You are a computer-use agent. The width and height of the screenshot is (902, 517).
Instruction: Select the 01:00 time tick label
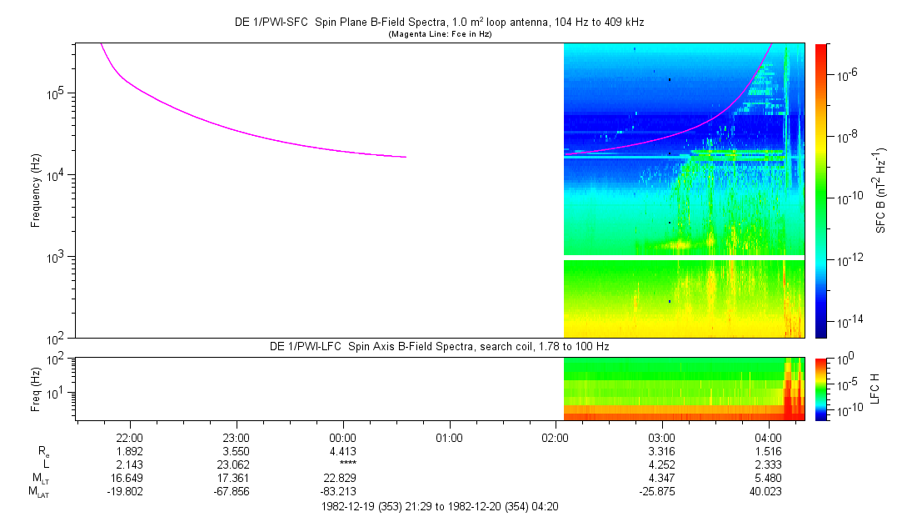pyautogui.click(x=449, y=437)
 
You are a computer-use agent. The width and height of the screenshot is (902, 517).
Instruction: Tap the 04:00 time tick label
pyautogui.click(x=768, y=437)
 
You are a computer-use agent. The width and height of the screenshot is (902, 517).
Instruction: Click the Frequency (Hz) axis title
pyautogui.click(x=36, y=190)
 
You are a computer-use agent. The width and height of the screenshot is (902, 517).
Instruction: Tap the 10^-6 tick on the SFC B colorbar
pyautogui.click(x=848, y=75)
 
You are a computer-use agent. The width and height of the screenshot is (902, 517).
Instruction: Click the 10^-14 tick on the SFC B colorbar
pyautogui.click(x=850, y=321)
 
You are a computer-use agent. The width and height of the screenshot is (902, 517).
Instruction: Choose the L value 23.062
pyautogui.click(x=236, y=464)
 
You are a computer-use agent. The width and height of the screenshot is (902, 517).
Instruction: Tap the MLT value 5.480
pyautogui.click(x=768, y=479)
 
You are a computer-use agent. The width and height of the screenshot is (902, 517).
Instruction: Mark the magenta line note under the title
pyautogui.click(x=441, y=34)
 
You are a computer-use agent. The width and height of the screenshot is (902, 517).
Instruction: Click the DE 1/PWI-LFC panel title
pyautogui.click(x=440, y=346)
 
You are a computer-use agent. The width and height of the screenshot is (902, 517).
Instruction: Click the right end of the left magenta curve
pyautogui.click(x=406, y=157)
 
